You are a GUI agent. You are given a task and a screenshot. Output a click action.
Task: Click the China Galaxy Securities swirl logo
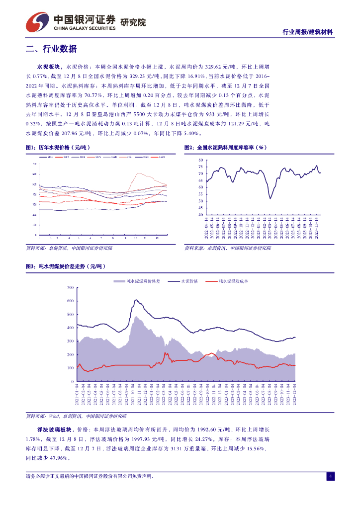coord(38,21)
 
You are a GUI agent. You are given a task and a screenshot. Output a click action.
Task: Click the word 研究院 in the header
coord(133,22)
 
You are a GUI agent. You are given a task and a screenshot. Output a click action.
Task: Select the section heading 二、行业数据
coord(51,49)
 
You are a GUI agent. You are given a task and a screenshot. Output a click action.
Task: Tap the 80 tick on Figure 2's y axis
coord(201,160)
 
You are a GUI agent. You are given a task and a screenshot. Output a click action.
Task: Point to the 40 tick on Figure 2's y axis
coord(201,215)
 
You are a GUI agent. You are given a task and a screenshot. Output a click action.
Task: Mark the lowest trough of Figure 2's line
coord(270,199)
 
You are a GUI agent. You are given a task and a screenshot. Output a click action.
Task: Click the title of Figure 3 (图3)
coord(65,267)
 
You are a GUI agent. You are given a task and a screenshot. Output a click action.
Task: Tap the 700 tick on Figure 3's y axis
coord(70,288)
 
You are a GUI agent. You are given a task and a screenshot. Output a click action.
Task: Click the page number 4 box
coord(330,477)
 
